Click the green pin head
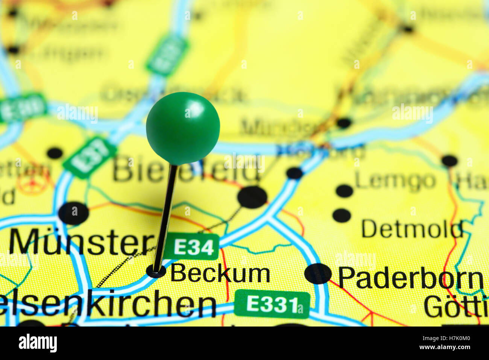(183, 128)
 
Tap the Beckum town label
(220, 273)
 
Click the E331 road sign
(272, 304)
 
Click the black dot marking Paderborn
(318, 273)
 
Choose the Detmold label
(412, 229)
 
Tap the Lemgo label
(395, 181)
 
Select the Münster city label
(81, 242)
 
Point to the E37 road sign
(90, 157)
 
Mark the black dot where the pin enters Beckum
(156, 270)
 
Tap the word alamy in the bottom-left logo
(38, 343)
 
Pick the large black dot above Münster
(74, 213)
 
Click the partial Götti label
(456, 307)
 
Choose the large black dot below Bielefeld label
(252, 197)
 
